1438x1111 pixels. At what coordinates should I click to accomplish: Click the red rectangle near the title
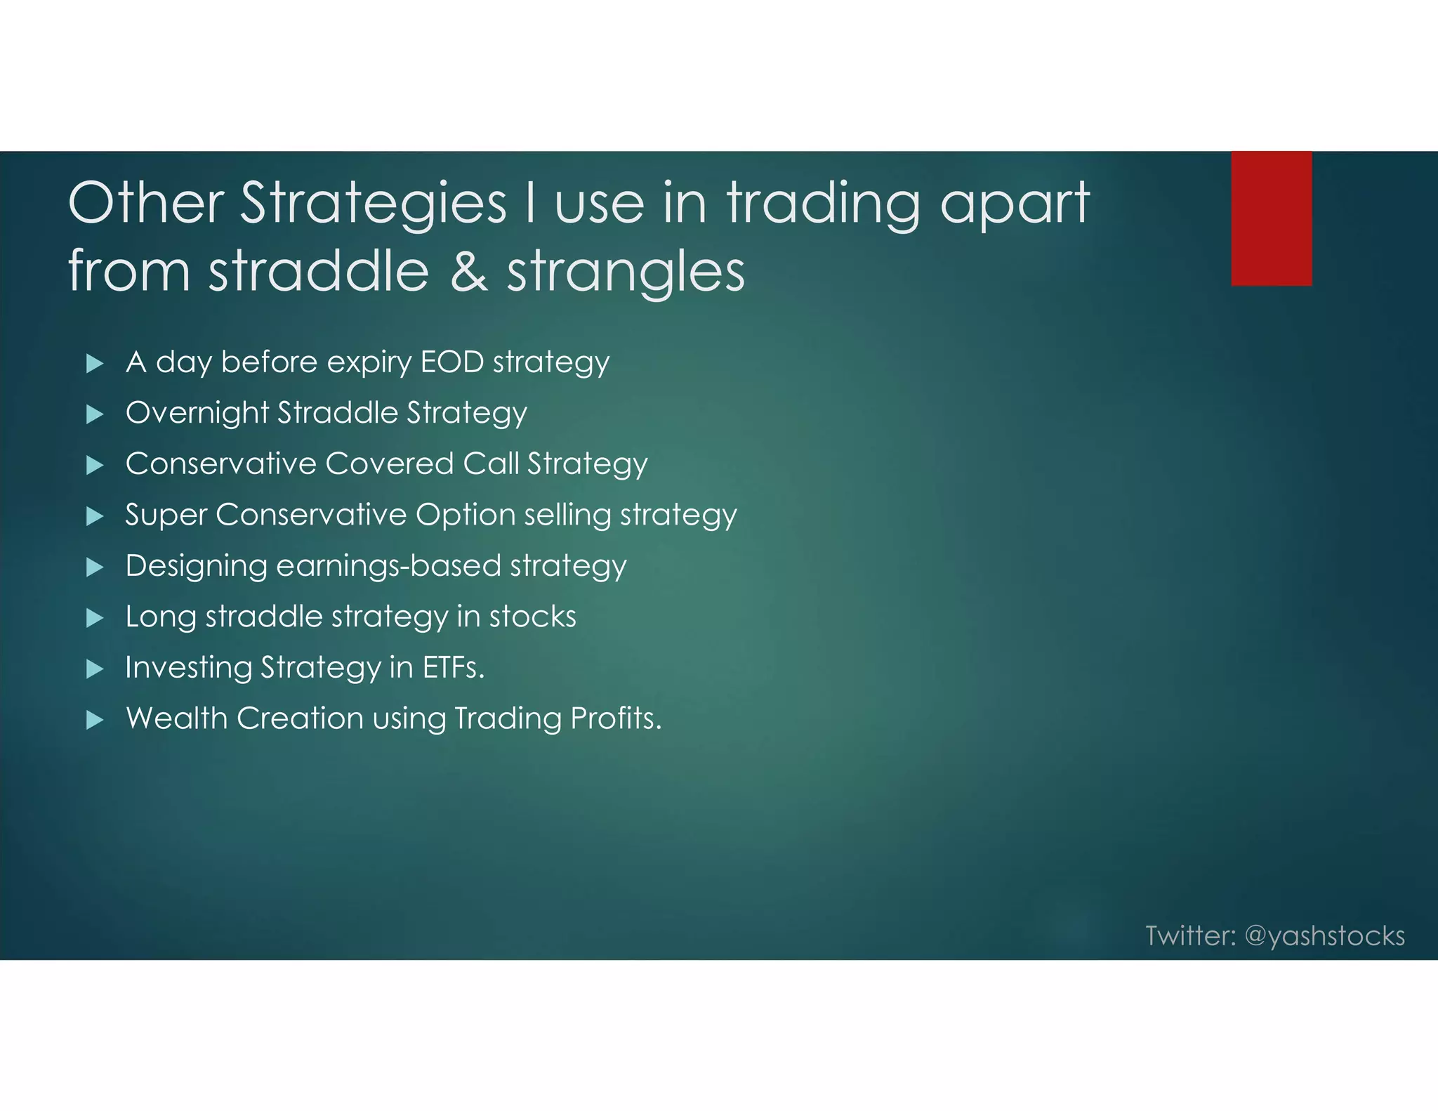coord(1271,218)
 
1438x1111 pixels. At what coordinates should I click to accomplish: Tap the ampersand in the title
coord(468,272)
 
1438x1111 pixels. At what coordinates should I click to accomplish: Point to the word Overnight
coord(197,413)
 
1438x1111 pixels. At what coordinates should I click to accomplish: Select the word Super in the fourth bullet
coord(166,515)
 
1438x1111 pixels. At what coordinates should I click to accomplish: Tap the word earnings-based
coord(388,566)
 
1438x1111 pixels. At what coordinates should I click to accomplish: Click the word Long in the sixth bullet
coord(160,617)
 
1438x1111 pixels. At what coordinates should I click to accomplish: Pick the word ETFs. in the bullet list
coord(453,667)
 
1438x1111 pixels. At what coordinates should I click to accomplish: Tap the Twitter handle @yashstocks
coord(1324,936)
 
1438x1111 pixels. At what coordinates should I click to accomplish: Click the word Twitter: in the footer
coord(1190,935)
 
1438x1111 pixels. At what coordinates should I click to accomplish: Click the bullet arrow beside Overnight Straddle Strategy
coord(94,414)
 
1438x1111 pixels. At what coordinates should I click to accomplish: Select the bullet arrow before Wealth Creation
coord(94,720)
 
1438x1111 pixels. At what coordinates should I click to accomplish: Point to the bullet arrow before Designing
coord(94,567)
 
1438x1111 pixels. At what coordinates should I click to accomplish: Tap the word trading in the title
coord(823,204)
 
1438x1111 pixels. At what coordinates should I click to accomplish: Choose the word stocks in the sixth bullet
coord(532,617)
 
